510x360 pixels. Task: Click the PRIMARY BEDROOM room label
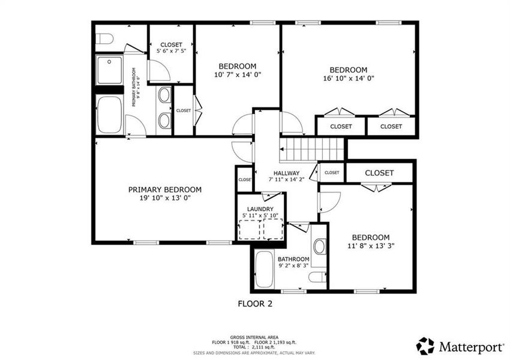pyautogui.click(x=165, y=189)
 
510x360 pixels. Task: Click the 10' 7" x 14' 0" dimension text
pyautogui.click(x=238, y=74)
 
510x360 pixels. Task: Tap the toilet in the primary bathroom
pyautogui.click(x=104, y=40)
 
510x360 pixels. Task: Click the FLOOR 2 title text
pyautogui.click(x=254, y=304)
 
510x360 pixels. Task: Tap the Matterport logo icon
pyautogui.click(x=425, y=346)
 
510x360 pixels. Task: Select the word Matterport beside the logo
pyautogui.click(x=466, y=346)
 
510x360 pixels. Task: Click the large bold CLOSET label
pyautogui.click(x=379, y=173)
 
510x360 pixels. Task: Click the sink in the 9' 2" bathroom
pyautogui.click(x=320, y=247)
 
